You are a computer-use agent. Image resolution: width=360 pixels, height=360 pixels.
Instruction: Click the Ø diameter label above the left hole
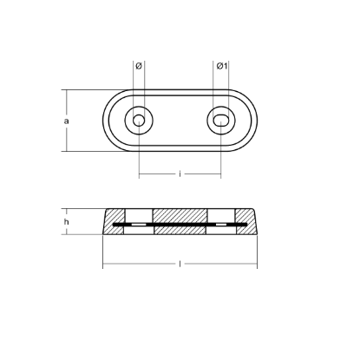(139, 67)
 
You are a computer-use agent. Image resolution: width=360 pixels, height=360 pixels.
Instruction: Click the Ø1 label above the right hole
(221, 67)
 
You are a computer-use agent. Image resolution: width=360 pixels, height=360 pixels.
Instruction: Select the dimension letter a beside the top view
(67, 121)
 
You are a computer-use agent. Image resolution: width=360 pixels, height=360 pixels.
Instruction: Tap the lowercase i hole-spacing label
(180, 174)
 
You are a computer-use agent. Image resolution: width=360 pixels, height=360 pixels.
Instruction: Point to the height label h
(67, 223)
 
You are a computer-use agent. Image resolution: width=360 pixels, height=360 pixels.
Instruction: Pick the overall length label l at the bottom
(180, 263)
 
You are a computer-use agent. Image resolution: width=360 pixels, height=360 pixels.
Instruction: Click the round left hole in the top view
(139, 121)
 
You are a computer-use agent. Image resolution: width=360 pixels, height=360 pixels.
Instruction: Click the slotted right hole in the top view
(221, 121)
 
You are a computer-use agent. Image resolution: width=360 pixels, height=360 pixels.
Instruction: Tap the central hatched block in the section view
(180, 217)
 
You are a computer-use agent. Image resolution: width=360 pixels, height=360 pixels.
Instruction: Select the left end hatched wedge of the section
(112, 226)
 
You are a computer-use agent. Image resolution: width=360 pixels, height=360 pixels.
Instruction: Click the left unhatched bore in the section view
(139, 217)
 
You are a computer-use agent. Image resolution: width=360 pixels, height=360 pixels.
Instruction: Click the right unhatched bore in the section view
(221, 217)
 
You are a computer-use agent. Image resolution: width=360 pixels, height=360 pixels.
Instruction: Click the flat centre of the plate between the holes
(180, 121)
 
